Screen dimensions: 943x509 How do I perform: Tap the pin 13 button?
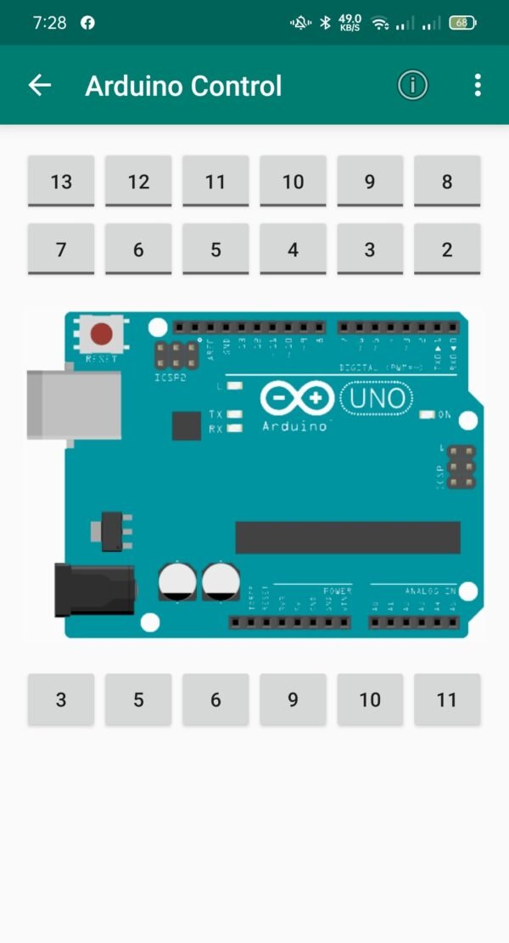61,181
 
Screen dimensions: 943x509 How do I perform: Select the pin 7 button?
61,249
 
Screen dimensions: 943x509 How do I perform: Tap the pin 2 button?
447,249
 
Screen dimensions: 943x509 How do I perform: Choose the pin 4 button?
293,249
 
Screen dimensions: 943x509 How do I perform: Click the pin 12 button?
138,181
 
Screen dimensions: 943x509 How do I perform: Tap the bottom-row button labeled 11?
447,699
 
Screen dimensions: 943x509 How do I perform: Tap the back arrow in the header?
40,85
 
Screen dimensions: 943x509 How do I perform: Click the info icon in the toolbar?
413,85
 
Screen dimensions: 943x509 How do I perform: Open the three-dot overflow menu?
478,85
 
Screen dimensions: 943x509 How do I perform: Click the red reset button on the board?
102,334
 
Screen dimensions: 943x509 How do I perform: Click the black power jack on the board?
94,589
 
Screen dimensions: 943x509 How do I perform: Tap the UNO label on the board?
376,398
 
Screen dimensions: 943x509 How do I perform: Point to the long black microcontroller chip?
348,537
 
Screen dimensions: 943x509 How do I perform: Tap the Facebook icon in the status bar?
87,23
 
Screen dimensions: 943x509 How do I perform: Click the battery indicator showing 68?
462,23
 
